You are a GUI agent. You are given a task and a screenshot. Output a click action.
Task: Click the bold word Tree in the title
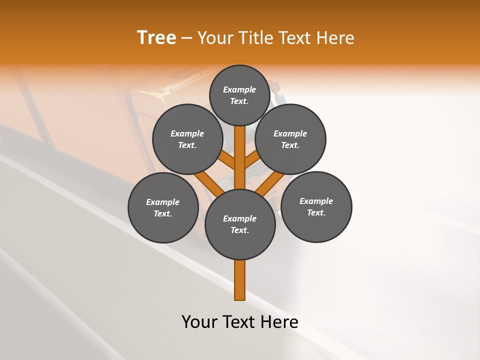coord(156,38)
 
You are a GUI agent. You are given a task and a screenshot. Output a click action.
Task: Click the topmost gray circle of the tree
coord(239,95)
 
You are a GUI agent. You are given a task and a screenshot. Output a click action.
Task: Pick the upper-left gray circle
coord(187,139)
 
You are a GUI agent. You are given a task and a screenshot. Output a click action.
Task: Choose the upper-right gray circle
coord(290,139)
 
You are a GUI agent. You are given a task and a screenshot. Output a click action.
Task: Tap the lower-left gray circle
coord(163,207)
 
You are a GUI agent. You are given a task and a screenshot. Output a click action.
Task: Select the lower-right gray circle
coord(316,206)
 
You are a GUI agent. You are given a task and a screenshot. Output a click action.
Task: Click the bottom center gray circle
coord(240,224)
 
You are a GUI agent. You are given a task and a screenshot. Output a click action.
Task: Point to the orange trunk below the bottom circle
coord(240,280)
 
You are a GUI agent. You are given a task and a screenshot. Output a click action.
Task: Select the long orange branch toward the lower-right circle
coord(270,184)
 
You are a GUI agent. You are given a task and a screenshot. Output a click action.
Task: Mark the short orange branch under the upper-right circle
coord(252,159)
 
